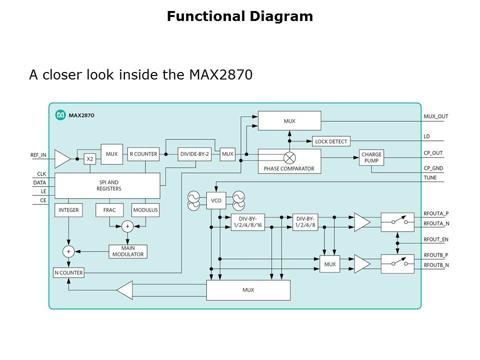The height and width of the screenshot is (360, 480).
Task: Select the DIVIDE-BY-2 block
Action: [194, 154]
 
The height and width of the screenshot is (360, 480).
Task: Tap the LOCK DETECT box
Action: [331, 141]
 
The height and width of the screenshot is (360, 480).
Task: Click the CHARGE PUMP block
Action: [371, 158]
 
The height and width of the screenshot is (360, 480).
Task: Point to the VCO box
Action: [216, 200]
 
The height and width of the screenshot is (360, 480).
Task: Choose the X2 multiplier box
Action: [90, 159]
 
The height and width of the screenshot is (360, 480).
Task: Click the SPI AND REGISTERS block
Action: [107, 185]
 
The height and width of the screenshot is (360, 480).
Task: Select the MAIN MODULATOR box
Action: [128, 251]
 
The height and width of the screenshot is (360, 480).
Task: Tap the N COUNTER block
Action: [68, 273]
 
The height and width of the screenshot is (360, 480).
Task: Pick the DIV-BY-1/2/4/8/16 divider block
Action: [247, 222]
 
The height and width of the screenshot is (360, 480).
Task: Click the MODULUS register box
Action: [145, 210]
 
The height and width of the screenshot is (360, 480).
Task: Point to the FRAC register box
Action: [109, 210]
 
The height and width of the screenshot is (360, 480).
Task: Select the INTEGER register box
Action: [68, 210]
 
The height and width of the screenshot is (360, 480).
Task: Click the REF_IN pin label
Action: [38, 155]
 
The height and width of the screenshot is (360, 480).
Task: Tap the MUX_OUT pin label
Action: [436, 116]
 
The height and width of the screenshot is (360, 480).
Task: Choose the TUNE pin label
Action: [430, 177]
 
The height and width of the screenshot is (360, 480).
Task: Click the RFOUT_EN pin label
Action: [436, 239]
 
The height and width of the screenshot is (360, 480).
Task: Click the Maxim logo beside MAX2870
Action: [60, 115]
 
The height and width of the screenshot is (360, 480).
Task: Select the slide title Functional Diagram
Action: [240, 16]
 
